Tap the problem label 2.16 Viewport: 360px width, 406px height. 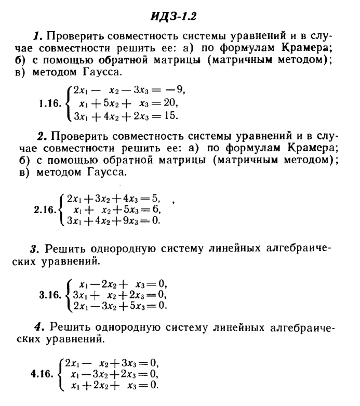(45, 210)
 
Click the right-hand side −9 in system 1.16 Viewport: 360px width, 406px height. (177, 90)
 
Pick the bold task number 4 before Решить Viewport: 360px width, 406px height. (37, 328)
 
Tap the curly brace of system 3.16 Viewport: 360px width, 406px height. (66, 295)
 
